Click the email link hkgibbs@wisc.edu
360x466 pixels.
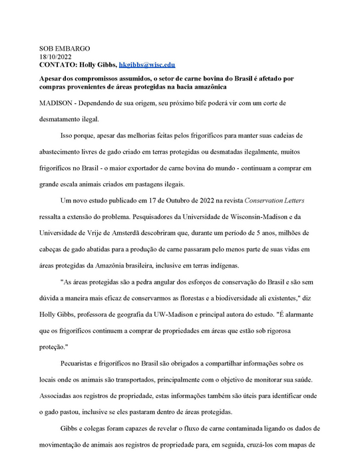click(147, 65)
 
